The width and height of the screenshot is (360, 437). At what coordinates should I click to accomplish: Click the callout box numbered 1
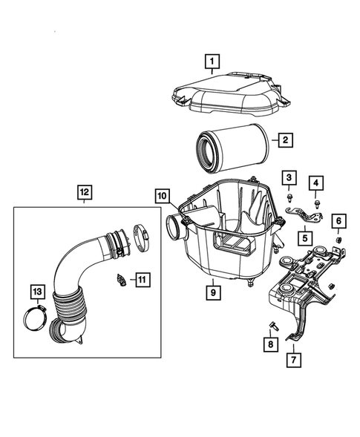[212, 62]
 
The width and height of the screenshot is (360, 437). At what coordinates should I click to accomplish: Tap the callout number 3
[289, 177]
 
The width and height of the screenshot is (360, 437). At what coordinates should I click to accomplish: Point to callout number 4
[316, 183]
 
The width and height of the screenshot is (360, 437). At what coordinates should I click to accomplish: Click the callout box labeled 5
[304, 238]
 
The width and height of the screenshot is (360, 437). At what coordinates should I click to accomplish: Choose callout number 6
[338, 220]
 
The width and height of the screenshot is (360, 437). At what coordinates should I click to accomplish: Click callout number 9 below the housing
[212, 292]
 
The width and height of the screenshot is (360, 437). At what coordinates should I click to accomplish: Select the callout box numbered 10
[161, 196]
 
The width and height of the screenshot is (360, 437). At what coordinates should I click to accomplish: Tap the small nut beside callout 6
[338, 240]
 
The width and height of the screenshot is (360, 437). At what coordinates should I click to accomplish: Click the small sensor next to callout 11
[119, 279]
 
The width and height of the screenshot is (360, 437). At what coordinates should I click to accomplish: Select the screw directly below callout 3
[289, 198]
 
